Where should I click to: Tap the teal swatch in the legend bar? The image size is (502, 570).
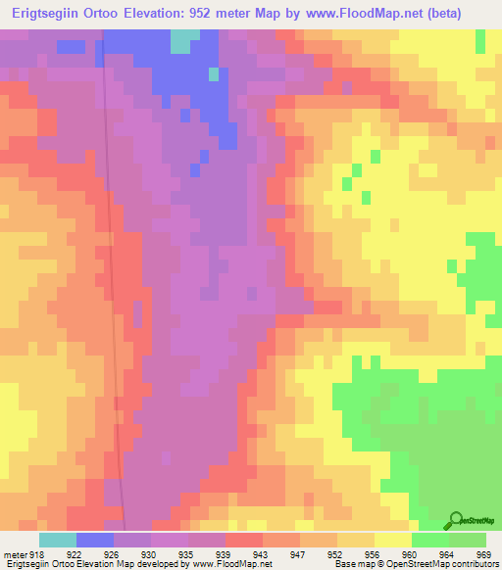[58, 540]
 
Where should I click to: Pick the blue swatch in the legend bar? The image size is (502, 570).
[95, 540]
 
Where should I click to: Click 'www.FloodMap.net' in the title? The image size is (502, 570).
[376, 13]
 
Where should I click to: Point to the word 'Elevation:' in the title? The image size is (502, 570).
[171, 13]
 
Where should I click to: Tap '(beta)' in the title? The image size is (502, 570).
[468, 13]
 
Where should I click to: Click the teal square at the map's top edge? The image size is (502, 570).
[182, 40]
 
